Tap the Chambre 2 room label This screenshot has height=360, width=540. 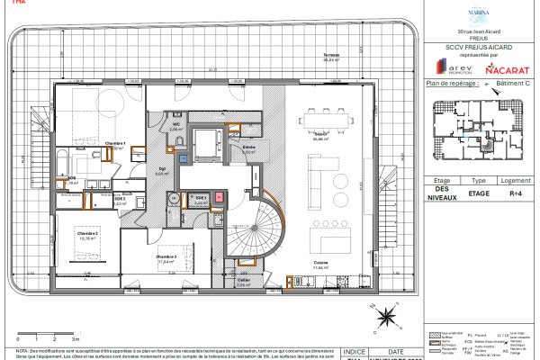[87, 233]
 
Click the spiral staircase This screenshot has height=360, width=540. [245, 229]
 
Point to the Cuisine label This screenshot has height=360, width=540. [319, 264]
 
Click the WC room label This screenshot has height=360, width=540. [176, 125]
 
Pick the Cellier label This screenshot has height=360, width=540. [243, 280]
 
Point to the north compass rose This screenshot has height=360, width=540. [385, 317]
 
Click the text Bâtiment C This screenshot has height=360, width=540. [514, 83]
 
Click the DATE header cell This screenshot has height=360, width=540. [395, 353]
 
